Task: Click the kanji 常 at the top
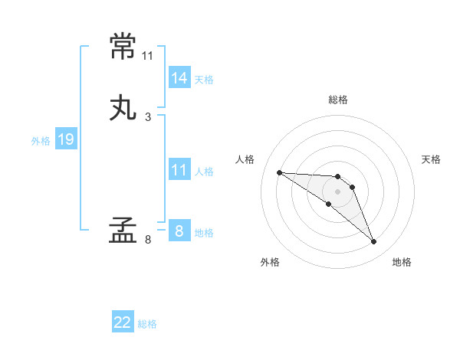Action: (x=123, y=47)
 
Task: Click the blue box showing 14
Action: (x=179, y=78)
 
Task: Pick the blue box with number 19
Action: (x=66, y=139)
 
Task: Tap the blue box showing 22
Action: (x=123, y=322)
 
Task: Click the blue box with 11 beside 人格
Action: (x=179, y=170)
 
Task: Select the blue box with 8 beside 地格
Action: (x=179, y=231)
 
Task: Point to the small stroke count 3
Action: (x=148, y=116)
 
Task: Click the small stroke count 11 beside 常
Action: (x=147, y=56)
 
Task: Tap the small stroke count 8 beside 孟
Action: (x=148, y=239)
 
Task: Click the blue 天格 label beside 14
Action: (x=204, y=80)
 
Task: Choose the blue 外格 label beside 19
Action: (x=41, y=141)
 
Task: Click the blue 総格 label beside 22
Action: (x=147, y=324)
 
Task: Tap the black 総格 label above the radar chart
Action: (x=338, y=100)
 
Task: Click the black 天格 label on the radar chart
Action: (x=432, y=159)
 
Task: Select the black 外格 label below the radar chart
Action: (x=270, y=262)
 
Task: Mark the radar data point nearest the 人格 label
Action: (x=279, y=172)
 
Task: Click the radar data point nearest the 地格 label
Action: (x=374, y=242)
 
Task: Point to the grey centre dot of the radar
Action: (x=338, y=191)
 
